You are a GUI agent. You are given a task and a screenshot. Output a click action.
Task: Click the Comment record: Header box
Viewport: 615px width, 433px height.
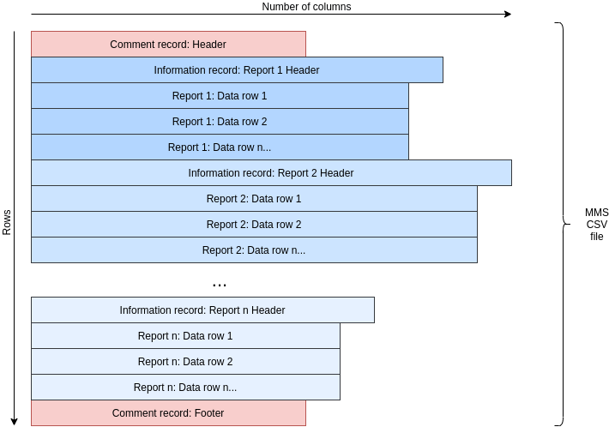pos(168,45)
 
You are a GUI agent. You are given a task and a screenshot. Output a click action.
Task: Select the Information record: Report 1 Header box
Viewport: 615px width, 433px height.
pos(237,70)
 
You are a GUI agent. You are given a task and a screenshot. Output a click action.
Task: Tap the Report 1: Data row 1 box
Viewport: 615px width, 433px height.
pos(220,96)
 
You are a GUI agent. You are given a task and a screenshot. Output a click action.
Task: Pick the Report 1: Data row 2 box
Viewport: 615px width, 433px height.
pos(220,122)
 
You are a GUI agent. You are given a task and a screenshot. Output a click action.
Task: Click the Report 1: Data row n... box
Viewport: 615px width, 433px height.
pos(220,147)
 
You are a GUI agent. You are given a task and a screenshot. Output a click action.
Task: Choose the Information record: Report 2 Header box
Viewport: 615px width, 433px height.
pos(271,173)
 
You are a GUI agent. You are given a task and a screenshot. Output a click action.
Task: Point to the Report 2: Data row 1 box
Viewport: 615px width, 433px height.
pos(254,199)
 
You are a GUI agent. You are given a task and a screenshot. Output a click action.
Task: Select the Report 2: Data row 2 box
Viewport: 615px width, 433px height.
pos(254,225)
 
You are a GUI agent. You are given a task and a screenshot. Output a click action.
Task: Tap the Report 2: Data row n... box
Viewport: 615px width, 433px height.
pos(254,250)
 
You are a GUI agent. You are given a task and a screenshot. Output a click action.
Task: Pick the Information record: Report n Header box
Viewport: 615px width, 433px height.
pos(202,310)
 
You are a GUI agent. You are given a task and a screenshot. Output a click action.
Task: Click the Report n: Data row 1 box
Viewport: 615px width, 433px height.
pos(185,336)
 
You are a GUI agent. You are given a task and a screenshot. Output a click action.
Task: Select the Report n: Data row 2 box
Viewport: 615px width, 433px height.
pos(185,362)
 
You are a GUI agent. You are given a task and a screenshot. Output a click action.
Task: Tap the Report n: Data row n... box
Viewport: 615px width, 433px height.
pos(185,388)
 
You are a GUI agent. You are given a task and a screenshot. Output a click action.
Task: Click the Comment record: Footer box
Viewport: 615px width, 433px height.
pos(168,413)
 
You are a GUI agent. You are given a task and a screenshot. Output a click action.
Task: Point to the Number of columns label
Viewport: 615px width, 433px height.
pos(306,7)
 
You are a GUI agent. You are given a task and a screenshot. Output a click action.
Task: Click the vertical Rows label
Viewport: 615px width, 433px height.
pos(7,221)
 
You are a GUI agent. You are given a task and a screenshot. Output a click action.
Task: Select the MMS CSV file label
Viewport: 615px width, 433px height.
pos(596,224)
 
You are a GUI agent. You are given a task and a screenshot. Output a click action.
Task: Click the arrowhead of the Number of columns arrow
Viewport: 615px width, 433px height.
pos(508,14)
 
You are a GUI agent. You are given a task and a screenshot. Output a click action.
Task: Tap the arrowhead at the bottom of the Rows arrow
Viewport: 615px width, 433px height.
pos(14,422)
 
